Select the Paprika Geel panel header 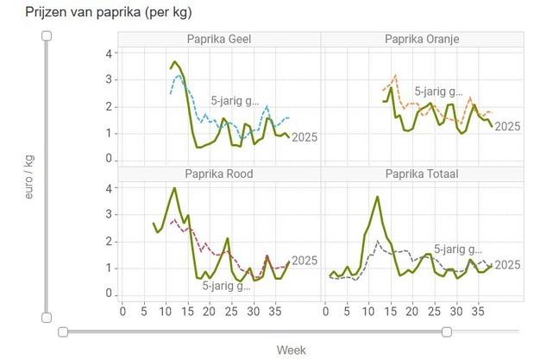point(219,39)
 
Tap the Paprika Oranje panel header point(422,39)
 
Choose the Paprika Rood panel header point(219,174)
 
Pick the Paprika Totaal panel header point(422,174)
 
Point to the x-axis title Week point(291,350)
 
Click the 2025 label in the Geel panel point(305,136)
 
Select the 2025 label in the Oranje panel point(508,126)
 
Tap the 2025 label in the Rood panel point(305,261)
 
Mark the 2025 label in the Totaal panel point(508,265)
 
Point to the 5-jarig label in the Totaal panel point(455,247)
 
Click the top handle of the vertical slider point(47,35)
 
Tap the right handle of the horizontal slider point(446,332)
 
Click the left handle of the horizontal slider point(62,332)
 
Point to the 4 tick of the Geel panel point(109,53)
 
